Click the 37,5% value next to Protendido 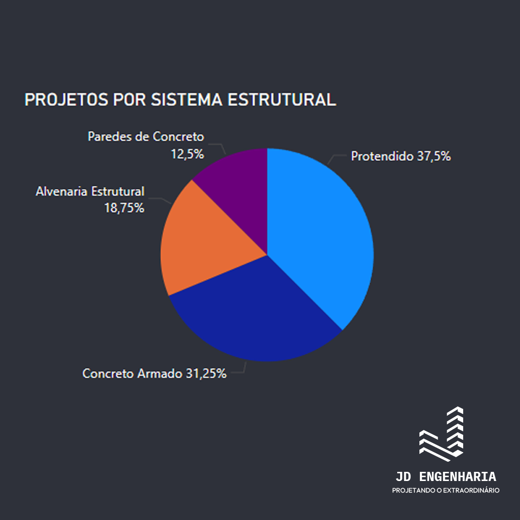[434, 156]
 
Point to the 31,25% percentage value [206, 374]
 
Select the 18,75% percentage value [124, 208]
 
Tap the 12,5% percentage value [187, 154]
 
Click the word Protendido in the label [382, 156]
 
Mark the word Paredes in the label [110, 137]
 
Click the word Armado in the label [160, 374]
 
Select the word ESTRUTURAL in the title [282, 100]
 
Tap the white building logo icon [442, 434]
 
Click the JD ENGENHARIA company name [446, 477]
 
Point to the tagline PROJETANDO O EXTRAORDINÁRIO [446, 490]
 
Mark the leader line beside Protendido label [336, 158]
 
